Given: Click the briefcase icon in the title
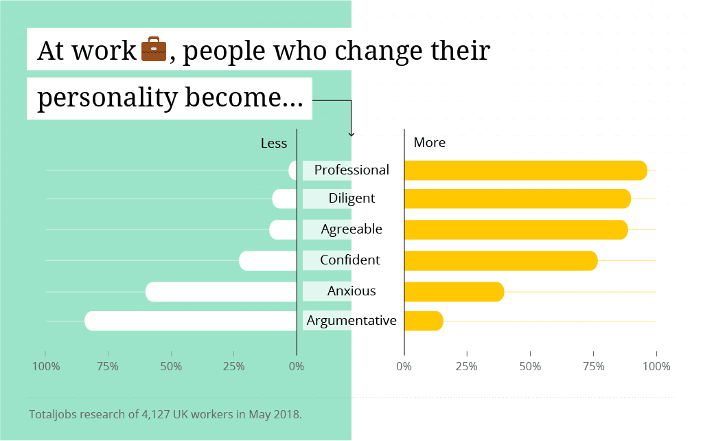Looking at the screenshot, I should pos(154,50).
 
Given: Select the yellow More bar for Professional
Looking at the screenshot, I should pos(525,170).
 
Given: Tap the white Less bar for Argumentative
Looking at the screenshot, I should pos(191,321).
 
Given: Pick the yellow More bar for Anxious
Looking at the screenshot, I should pos(454,292).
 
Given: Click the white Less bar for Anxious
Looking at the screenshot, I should pos(221,292).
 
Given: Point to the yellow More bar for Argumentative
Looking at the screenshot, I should pos(424,321).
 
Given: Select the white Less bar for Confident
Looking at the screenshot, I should pos(268,261).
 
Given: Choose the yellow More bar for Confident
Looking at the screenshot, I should pos(500,261).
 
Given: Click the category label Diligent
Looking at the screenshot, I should pos(351,199).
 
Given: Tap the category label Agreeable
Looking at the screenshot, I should pos(351,229).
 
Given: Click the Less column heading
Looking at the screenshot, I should pos(273,143).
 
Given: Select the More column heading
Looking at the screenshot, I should pos(430,143).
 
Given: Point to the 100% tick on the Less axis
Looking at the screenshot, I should pos(46,366).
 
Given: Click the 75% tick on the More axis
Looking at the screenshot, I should pos(594,366).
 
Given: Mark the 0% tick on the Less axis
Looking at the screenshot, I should pos(297,366).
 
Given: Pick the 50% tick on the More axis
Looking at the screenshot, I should pos(531,366).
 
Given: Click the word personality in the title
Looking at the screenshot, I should pos(107,97).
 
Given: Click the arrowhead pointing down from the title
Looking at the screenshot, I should pos(351,134).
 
